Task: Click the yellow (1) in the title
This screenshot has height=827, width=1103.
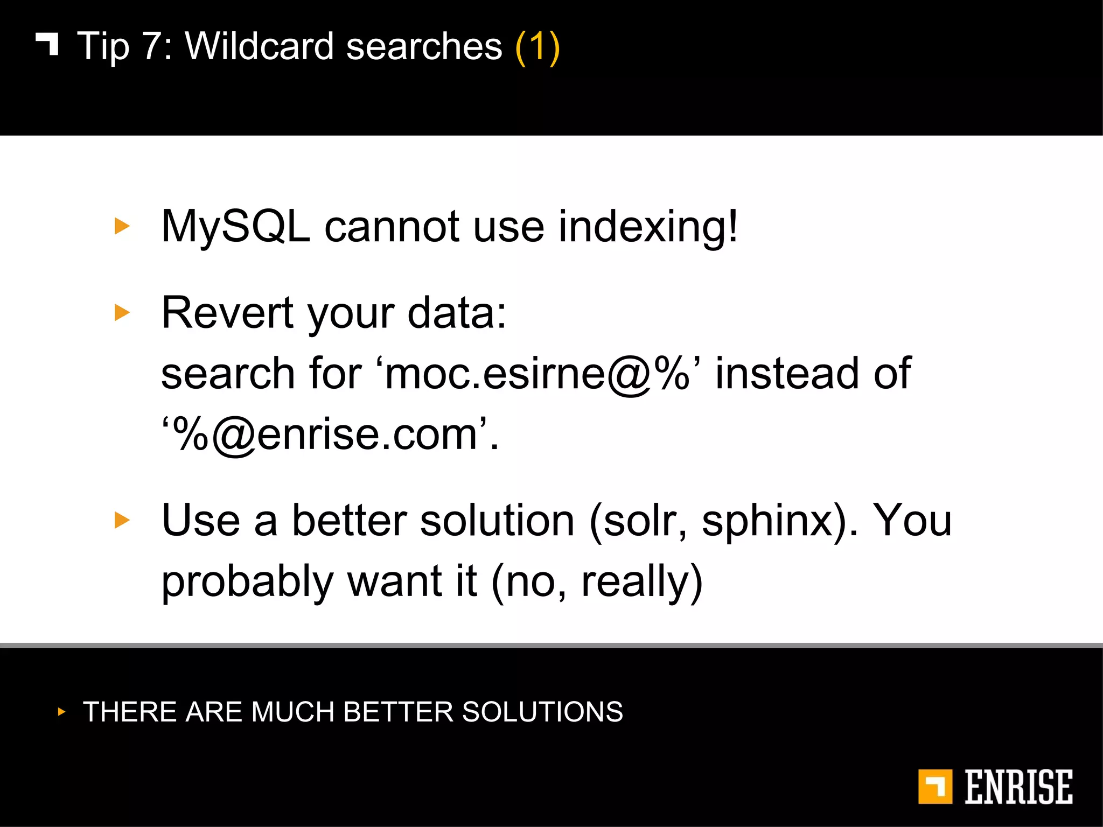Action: pyautogui.click(x=537, y=47)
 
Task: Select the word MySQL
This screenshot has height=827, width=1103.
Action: pyautogui.click(x=236, y=227)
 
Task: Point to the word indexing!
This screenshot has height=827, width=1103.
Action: pyautogui.click(x=648, y=227)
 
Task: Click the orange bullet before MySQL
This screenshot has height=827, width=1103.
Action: pyautogui.click(x=122, y=226)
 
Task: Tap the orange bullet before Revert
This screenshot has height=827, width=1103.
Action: pyautogui.click(x=122, y=312)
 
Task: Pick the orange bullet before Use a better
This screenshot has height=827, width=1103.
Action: pyautogui.click(x=122, y=520)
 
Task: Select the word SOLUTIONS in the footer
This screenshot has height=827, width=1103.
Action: pyautogui.click(x=542, y=712)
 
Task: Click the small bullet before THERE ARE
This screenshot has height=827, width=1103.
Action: pyautogui.click(x=61, y=712)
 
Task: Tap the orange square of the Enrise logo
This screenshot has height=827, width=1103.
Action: pyautogui.click(x=935, y=787)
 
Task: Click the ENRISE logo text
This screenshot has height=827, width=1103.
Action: pyautogui.click(x=1018, y=787)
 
